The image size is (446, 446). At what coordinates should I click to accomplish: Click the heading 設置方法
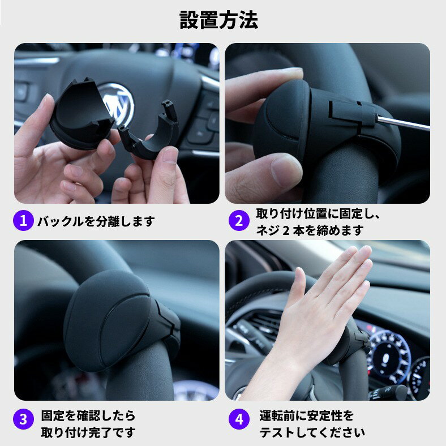point(218,20)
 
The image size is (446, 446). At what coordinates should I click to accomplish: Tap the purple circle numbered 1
point(23,220)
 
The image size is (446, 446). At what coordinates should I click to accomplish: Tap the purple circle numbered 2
point(239,220)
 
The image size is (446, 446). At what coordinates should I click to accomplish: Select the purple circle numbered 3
point(23,419)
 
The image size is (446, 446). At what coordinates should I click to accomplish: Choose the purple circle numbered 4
point(239,419)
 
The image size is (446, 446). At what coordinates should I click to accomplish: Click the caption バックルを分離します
point(96,221)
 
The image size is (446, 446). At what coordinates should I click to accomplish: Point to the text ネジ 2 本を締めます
point(310,230)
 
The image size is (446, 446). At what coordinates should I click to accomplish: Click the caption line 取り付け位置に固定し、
point(318,214)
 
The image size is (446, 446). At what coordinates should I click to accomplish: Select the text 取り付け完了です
point(88,432)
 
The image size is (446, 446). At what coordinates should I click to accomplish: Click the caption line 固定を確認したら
point(88,415)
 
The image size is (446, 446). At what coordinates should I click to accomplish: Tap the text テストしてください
point(312,432)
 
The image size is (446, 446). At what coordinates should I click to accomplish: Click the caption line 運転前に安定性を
point(307,415)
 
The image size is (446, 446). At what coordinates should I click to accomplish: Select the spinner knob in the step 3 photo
point(119,321)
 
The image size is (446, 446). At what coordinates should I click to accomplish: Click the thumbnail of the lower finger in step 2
point(285,170)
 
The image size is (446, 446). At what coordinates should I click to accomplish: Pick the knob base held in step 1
point(80,114)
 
